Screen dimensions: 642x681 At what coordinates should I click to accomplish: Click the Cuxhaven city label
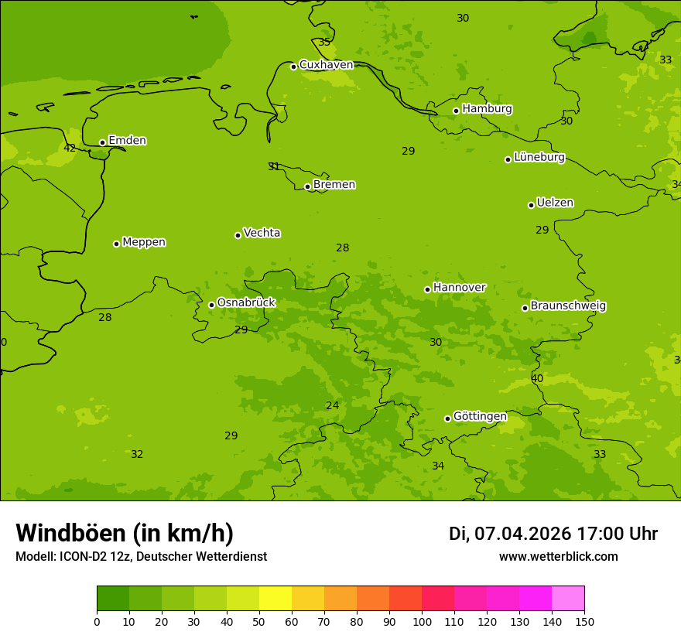[x=326, y=65]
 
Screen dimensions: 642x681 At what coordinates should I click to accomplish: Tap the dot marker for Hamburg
[x=457, y=111]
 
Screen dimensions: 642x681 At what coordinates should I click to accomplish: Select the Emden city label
[x=127, y=141]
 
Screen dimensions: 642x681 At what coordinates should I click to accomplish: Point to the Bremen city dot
[x=307, y=186]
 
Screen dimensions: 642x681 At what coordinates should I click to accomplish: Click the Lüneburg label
[x=539, y=158]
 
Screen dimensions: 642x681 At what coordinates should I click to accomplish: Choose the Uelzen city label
[x=555, y=203]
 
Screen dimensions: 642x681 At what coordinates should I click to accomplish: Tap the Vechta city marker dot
[x=238, y=235]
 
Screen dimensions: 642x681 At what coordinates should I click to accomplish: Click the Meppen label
[x=143, y=242]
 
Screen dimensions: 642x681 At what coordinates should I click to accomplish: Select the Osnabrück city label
[x=246, y=303]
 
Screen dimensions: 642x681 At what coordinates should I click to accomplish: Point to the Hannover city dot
[x=427, y=289]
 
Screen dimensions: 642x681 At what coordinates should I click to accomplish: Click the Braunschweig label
[x=568, y=306]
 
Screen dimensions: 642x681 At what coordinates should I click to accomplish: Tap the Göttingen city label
[x=480, y=417]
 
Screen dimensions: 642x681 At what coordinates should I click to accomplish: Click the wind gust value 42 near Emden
[x=70, y=149]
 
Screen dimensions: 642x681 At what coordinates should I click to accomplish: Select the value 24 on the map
[x=332, y=406]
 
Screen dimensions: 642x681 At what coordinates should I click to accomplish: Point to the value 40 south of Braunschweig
[x=537, y=379]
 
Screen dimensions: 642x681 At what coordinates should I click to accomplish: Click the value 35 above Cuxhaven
[x=324, y=43]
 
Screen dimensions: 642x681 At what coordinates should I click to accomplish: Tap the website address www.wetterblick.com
[x=558, y=557]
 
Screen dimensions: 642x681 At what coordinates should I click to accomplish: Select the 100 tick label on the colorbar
[x=422, y=621]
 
